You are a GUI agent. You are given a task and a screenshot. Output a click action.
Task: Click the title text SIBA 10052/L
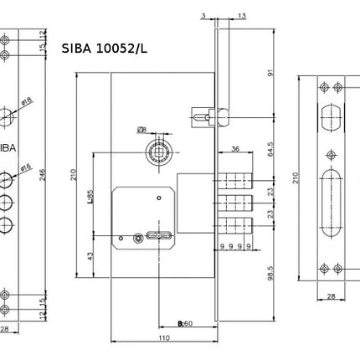pyautogui.click(x=104, y=49)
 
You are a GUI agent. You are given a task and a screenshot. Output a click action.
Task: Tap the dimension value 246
pyautogui.click(x=43, y=175)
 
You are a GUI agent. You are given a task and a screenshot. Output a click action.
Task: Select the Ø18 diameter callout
pyautogui.click(x=27, y=101)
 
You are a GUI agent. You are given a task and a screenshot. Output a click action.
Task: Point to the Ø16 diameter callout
pyautogui.click(x=26, y=167)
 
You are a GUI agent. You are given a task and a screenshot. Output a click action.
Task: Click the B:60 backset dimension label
pyautogui.click(x=185, y=323)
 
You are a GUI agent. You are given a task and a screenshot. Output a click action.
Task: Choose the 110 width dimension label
pyautogui.click(x=164, y=338)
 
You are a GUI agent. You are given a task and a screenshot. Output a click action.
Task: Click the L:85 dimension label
pyautogui.click(x=90, y=198)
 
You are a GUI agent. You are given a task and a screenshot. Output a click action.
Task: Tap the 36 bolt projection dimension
pyautogui.click(x=235, y=149)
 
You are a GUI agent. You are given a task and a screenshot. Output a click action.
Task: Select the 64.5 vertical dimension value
pyautogui.click(x=270, y=149)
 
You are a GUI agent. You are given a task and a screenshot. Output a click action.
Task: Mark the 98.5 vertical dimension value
pyautogui.click(x=270, y=273)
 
